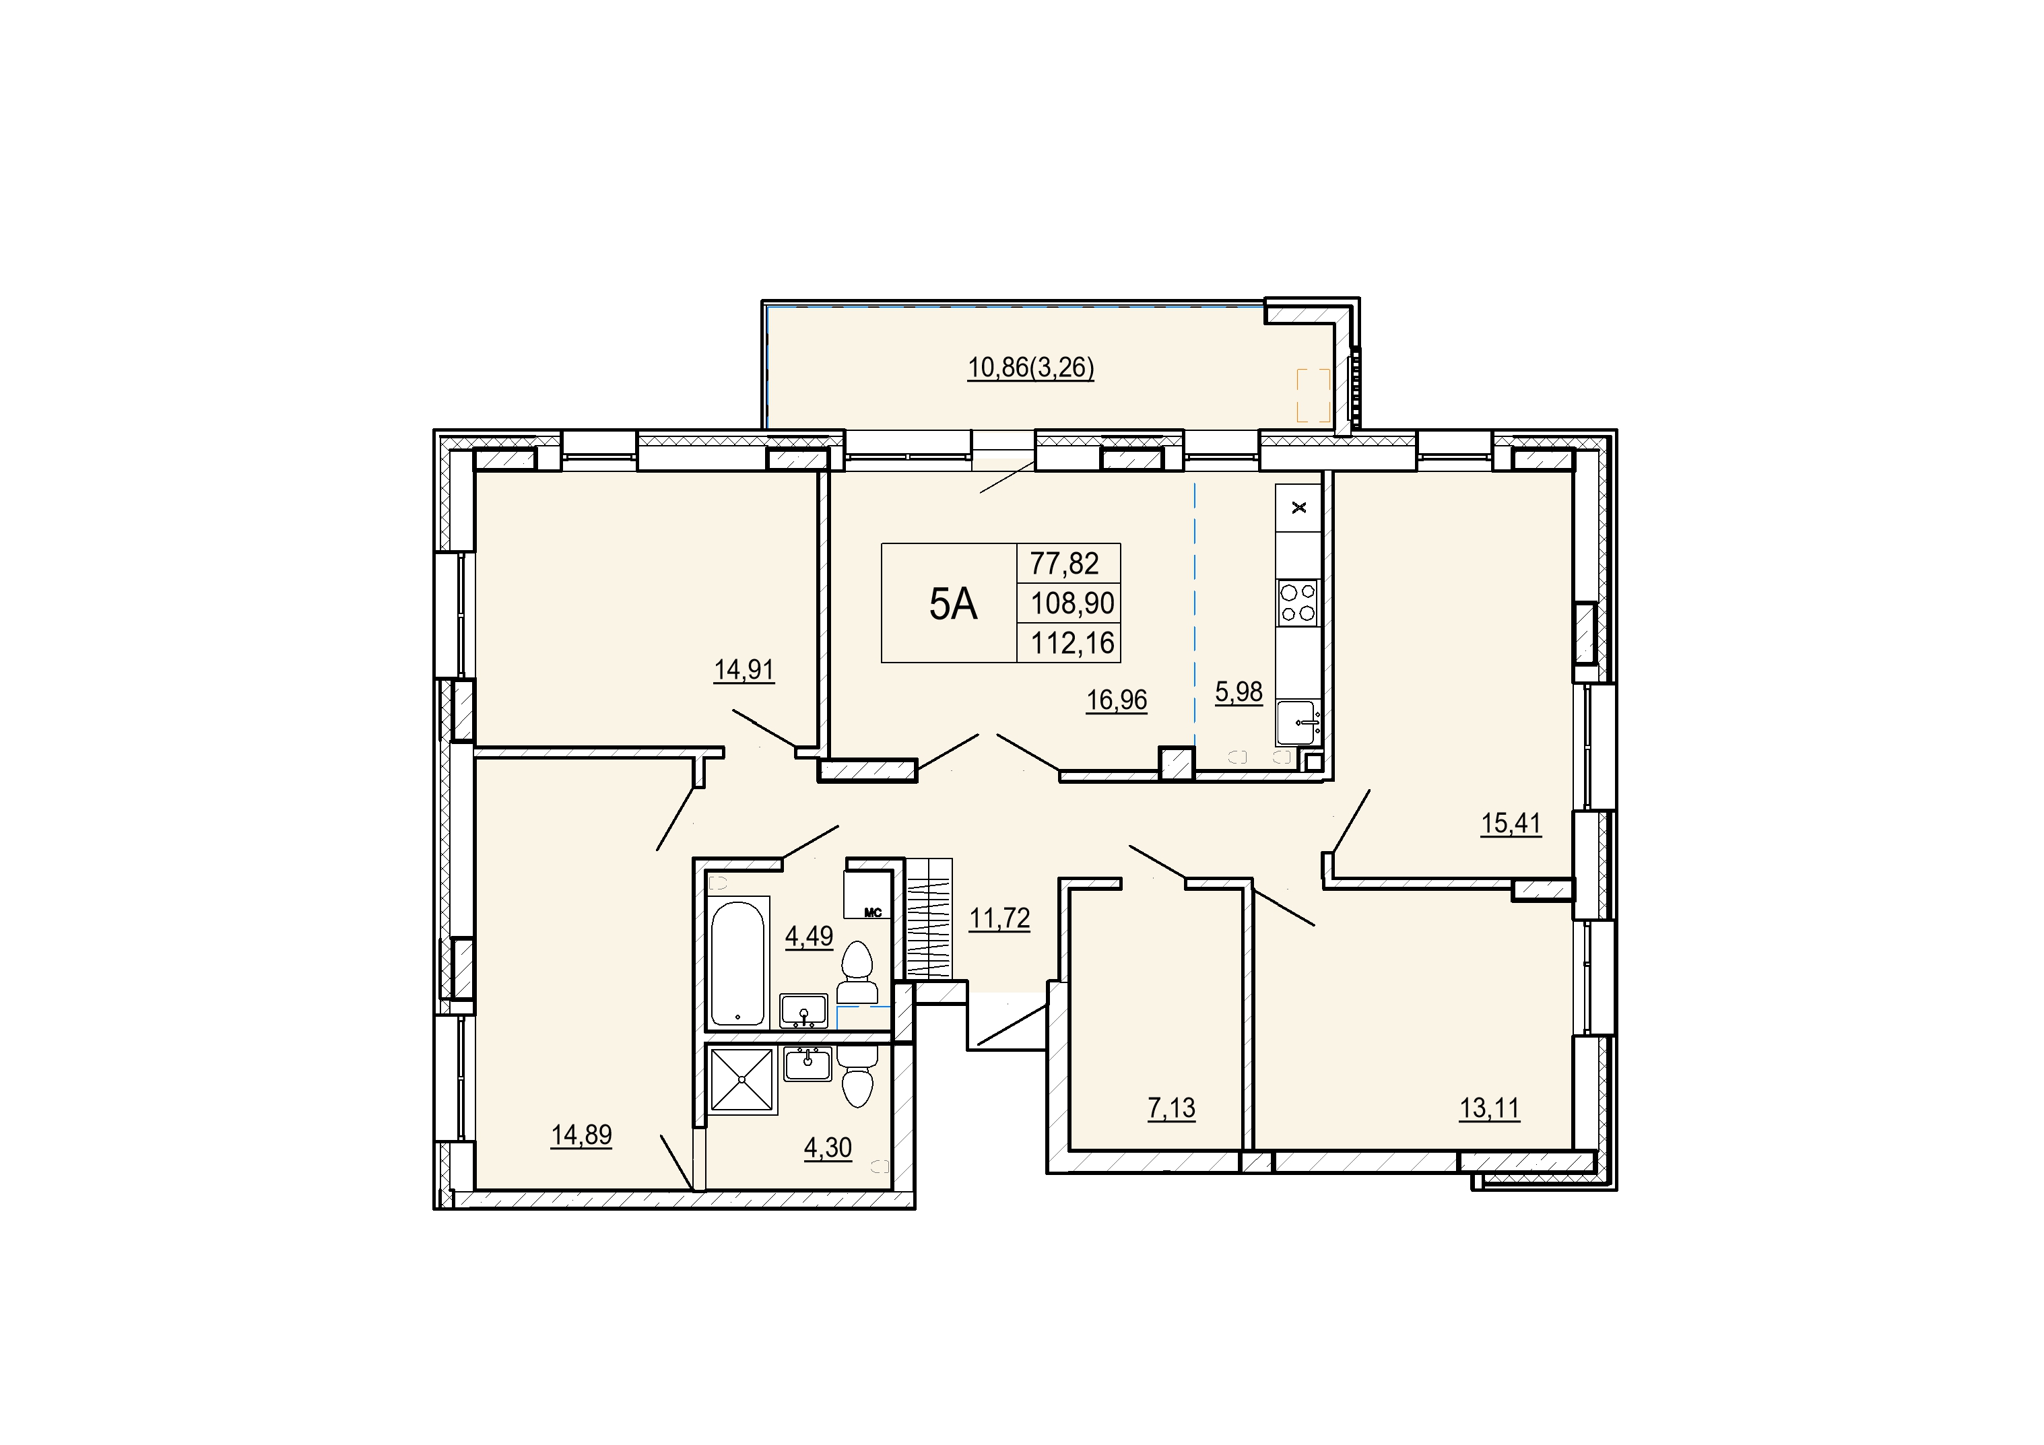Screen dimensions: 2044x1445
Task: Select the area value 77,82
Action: point(1065,564)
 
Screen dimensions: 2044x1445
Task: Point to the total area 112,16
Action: point(1073,643)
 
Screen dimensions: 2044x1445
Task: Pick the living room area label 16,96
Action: point(1117,701)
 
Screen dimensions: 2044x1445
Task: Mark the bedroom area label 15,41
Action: point(1511,824)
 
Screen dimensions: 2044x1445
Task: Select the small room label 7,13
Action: point(1172,1108)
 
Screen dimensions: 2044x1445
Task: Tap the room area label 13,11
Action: point(1489,1108)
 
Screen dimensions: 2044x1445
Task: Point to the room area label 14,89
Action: point(581,1135)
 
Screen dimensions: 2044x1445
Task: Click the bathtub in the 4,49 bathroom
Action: point(738,962)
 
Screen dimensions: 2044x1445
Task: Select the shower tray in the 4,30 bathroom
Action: point(741,1080)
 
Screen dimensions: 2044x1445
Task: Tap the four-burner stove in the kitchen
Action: point(1298,602)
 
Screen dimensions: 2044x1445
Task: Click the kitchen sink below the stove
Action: point(1298,722)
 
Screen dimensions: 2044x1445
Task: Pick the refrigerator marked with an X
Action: point(1298,508)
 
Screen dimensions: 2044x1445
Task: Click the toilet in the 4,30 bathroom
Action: point(858,1075)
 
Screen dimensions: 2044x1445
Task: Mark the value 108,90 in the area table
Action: point(1073,603)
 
